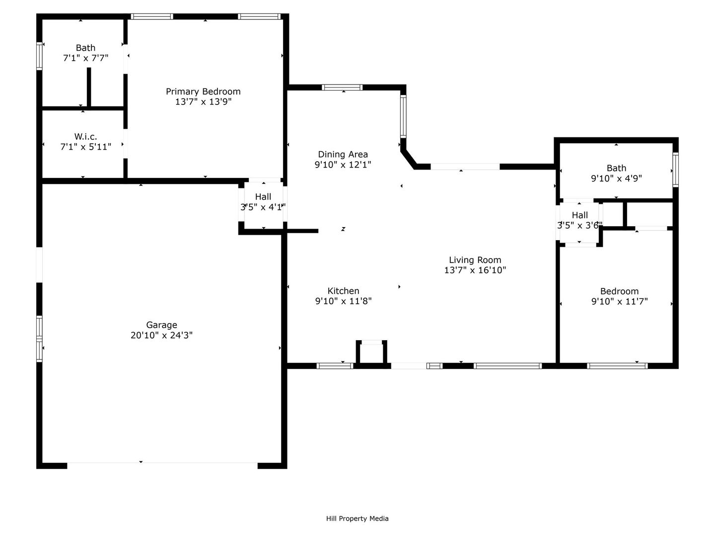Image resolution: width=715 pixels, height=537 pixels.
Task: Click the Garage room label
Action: (161, 325)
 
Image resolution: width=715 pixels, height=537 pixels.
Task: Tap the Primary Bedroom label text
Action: (203, 91)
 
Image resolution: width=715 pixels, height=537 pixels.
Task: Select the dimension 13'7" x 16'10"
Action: (475, 270)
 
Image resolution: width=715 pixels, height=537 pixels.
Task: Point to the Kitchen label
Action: (343, 291)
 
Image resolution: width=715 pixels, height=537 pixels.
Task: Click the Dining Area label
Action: (343, 154)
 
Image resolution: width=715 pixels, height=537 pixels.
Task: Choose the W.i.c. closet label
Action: (86, 136)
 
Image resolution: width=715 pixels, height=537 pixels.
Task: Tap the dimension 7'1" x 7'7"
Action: (86, 58)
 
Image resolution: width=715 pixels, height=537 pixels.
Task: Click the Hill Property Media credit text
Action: (357, 519)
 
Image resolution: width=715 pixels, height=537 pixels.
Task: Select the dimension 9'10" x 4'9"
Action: (616, 179)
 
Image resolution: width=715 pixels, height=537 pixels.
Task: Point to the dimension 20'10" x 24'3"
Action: (161, 335)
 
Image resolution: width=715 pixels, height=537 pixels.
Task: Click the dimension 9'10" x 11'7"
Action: (619, 301)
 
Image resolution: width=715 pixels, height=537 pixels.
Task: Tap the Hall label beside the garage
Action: (263, 196)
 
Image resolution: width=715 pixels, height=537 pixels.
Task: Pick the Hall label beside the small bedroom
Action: (580, 215)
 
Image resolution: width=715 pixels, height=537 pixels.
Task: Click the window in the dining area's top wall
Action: (342, 88)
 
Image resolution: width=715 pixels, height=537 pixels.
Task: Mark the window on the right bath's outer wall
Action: (676, 170)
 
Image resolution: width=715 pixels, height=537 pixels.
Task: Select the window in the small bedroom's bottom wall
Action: (617, 366)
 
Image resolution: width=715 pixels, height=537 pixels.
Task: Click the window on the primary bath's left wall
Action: (39, 56)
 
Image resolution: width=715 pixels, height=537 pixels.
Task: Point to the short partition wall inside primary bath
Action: (88, 87)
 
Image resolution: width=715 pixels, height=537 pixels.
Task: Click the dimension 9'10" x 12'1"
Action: (343, 165)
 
